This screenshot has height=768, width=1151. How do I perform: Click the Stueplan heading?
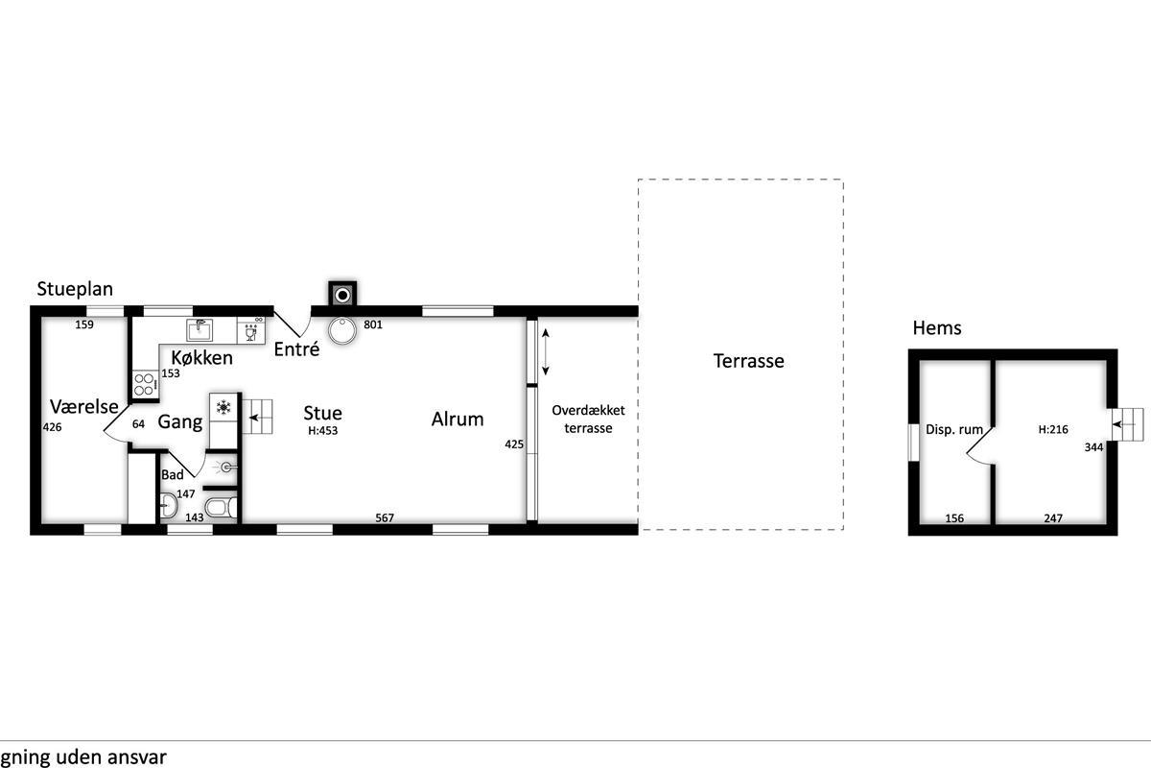[x=75, y=290]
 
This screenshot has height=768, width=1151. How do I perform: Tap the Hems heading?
[x=937, y=328]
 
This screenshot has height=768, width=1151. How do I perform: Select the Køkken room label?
[x=202, y=357]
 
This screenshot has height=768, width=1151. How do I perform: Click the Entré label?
[x=296, y=349]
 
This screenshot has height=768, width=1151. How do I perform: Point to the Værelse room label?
[x=84, y=406]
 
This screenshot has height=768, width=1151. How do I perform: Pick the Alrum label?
[x=458, y=420]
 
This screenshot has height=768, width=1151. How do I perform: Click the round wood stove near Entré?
[x=342, y=330]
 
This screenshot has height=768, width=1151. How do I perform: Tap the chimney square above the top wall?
[x=342, y=294]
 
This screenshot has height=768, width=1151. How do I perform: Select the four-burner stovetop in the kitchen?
[x=145, y=384]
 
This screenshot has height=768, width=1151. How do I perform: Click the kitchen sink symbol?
[x=200, y=329]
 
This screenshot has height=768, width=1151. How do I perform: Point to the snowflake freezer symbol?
[x=223, y=408]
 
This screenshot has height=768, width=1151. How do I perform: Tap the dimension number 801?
[x=373, y=324]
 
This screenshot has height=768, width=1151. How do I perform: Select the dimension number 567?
[x=385, y=518]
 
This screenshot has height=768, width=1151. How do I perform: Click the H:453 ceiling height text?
[x=322, y=430]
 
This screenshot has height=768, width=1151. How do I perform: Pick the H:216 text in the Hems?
[x=1053, y=429]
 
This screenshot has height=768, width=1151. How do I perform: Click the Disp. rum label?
[x=954, y=429]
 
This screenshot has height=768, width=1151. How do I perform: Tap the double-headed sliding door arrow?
[x=546, y=352]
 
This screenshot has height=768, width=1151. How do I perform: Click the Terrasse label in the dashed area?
[x=749, y=361]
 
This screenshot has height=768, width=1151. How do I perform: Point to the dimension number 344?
[x=1094, y=447]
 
